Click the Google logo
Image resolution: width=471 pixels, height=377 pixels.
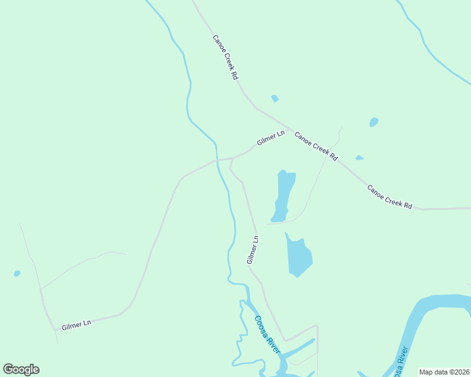(x=21, y=369)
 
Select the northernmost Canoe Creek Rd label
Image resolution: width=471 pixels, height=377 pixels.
(x=225, y=57)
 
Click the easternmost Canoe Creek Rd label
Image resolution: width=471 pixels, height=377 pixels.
(x=389, y=197)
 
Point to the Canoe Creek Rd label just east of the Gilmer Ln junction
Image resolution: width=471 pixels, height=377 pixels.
(x=316, y=146)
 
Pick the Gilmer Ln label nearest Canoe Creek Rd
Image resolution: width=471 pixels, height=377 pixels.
(x=271, y=138)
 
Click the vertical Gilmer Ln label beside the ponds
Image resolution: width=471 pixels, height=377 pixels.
(x=253, y=249)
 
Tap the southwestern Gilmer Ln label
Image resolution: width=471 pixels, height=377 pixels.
(x=76, y=324)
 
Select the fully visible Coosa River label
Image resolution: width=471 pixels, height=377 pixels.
(x=267, y=334)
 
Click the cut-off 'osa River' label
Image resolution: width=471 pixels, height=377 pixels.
(x=402, y=363)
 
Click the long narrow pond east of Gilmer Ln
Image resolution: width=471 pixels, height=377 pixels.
(x=283, y=195)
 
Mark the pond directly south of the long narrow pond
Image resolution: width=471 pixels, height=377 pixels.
(x=298, y=256)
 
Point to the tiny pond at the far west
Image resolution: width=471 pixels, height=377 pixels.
(x=17, y=273)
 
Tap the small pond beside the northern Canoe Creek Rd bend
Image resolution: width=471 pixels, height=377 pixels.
(x=275, y=99)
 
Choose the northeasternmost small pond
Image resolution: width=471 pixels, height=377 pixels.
(x=374, y=122)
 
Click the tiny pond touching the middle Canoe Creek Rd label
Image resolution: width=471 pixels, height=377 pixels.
(x=359, y=158)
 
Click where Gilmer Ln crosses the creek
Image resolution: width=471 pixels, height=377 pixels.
(x=217, y=160)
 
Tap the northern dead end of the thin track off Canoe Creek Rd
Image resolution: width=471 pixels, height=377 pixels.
(x=341, y=128)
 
